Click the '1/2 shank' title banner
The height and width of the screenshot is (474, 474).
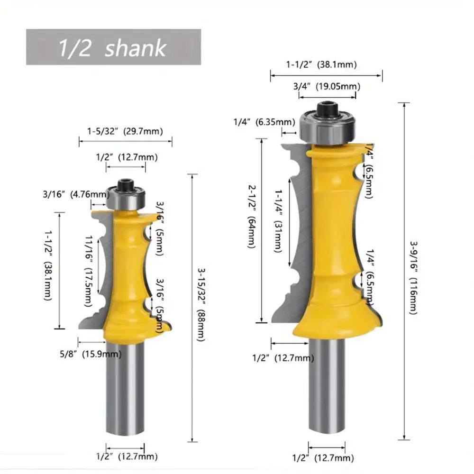pos(113,47)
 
